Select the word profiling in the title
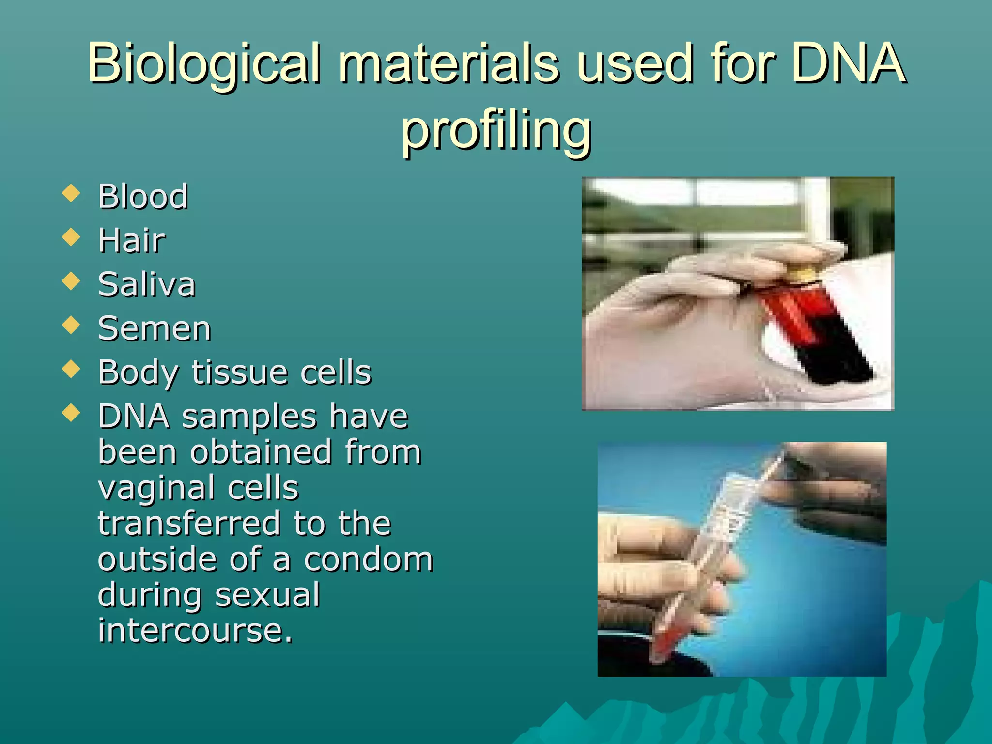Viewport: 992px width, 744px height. click(x=496, y=130)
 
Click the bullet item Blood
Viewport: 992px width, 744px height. click(x=143, y=197)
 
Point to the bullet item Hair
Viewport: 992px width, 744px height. click(x=131, y=240)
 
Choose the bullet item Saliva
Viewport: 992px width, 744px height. click(x=147, y=284)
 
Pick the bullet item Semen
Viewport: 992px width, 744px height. click(x=155, y=328)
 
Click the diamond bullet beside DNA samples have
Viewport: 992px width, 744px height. click(x=71, y=413)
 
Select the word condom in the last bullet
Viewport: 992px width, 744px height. click(x=368, y=559)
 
